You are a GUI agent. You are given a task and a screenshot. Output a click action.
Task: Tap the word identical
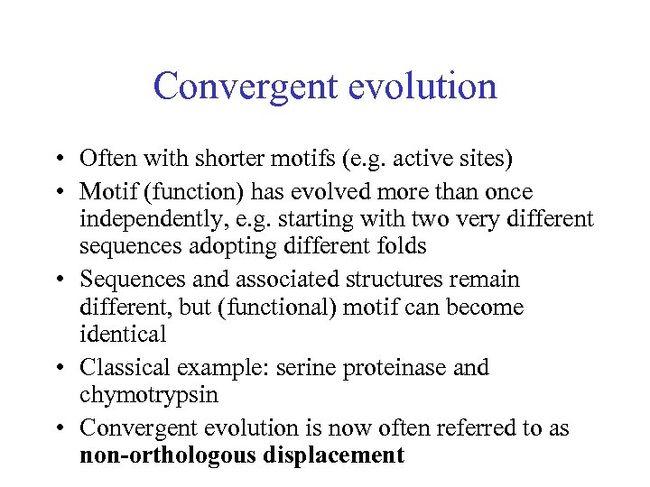click(123, 334)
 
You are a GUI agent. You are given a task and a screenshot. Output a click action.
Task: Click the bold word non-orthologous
click(170, 455)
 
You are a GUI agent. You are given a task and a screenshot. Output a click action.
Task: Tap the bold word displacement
click(335, 455)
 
